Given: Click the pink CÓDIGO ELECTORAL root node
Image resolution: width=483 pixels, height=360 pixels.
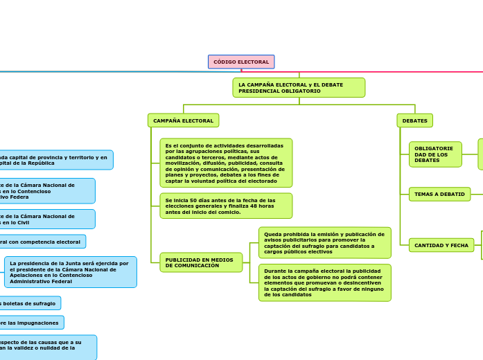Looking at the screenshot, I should [241, 62].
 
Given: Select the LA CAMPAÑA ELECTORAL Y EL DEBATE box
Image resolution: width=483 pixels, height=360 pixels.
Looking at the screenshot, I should [299, 87].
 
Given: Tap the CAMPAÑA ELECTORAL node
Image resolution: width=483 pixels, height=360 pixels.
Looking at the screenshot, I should [183, 120].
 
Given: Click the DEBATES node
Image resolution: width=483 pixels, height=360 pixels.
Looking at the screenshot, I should [414, 120].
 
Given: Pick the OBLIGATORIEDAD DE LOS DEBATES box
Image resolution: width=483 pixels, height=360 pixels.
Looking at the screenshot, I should [435, 154].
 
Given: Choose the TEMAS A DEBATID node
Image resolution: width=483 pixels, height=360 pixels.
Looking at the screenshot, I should [439, 194].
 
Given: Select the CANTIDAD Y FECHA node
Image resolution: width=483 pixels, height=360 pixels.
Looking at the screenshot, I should [441, 245].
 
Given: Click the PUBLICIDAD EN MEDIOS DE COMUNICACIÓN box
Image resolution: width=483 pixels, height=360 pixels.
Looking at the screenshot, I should [201, 262].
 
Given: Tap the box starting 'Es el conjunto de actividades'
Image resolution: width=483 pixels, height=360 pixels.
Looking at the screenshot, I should [226, 163].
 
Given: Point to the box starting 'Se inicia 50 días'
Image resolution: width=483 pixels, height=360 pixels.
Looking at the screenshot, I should [226, 206].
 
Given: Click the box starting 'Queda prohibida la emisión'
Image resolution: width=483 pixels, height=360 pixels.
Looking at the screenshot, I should [324, 242].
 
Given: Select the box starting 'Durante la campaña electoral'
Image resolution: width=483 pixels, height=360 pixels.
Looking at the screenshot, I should [324, 282].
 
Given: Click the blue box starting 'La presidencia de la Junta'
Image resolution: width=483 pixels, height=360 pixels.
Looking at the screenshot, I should [70, 271].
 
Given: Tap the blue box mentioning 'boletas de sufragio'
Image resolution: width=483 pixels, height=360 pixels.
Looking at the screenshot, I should [29, 303].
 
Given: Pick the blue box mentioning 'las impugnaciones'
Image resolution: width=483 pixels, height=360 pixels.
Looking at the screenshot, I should [31, 323].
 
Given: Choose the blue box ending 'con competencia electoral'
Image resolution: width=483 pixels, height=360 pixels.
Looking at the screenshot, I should [42, 242].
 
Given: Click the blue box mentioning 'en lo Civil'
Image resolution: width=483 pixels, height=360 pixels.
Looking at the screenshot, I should [46, 219].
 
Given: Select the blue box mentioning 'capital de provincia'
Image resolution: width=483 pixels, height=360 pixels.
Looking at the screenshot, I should [55, 160].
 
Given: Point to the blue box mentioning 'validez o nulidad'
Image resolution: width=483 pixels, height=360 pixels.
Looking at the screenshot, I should [46, 348].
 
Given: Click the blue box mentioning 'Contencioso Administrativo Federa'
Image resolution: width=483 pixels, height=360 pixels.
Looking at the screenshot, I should [46, 190].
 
